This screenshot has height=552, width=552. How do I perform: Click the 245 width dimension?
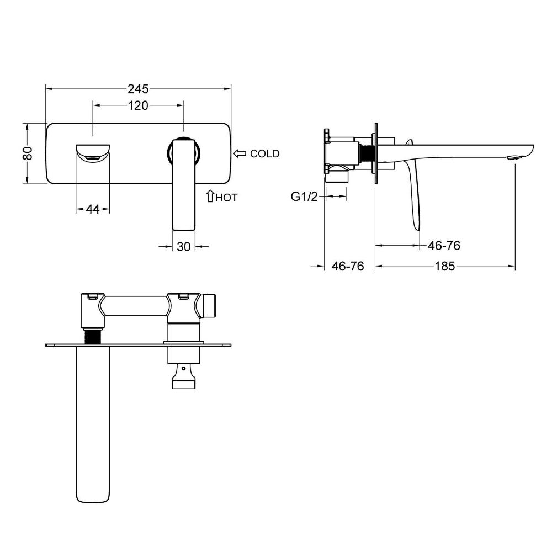pyautogui.click(x=138, y=89)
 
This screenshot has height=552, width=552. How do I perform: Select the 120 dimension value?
pyautogui.click(x=137, y=105)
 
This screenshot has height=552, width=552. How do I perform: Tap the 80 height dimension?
pyautogui.click(x=28, y=153)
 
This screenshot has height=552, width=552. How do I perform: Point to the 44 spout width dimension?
pyautogui.click(x=93, y=209)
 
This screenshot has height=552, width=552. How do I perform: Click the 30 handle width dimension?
pyautogui.click(x=183, y=247)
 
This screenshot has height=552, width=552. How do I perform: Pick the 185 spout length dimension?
pyautogui.click(x=444, y=266)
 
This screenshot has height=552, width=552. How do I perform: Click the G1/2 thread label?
pyautogui.click(x=304, y=197)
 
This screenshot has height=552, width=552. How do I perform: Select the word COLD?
pyautogui.click(x=265, y=153)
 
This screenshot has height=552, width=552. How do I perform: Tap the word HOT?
pyautogui.click(x=227, y=198)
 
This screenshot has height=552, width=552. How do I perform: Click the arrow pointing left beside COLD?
pyautogui.click(x=240, y=153)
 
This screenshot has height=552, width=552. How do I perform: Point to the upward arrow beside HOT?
pyautogui.click(x=210, y=196)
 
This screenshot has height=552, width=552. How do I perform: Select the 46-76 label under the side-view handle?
pyautogui.click(x=444, y=246)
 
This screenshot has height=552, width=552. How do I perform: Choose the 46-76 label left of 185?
pyautogui.click(x=347, y=266)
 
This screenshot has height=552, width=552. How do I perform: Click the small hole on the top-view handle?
pyautogui.click(x=183, y=369)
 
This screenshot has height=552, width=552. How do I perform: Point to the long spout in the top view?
pyautogui.click(x=93, y=424)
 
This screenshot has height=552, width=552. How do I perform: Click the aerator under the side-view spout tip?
pyautogui.click(x=513, y=158)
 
